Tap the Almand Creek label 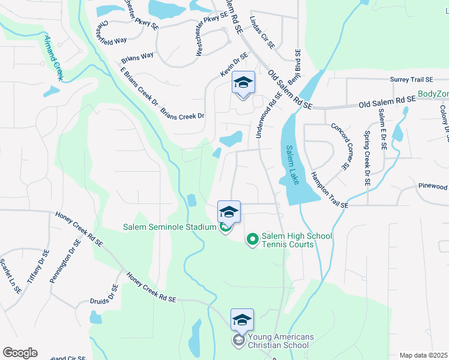click(55, 58)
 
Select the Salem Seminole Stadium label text click(169, 227)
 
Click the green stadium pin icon click(224, 227)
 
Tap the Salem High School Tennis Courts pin click(253, 239)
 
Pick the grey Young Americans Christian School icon click(238, 340)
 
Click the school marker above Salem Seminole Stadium click(229, 212)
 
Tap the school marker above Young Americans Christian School click(242, 319)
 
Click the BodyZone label click(433, 94)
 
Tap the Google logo click(20, 353)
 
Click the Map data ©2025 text click(424, 355)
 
